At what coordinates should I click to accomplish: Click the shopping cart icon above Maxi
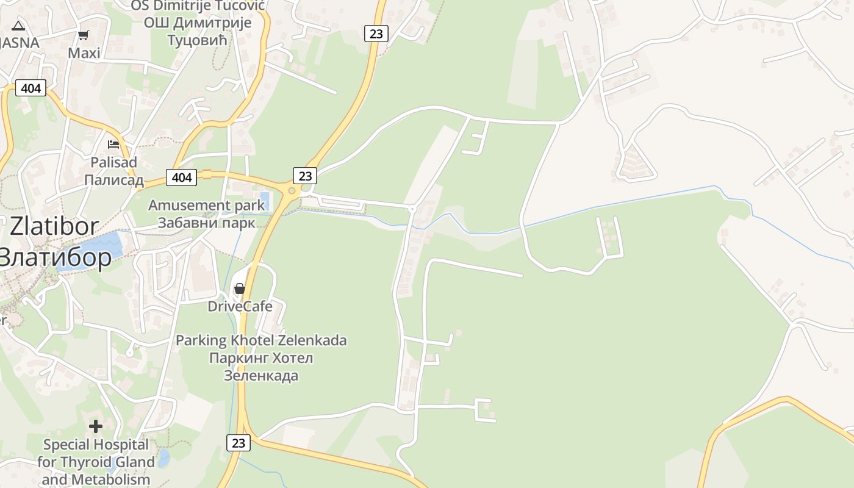(x=84, y=35)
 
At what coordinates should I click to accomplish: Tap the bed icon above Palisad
(x=113, y=145)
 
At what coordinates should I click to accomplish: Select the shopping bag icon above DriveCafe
(x=240, y=289)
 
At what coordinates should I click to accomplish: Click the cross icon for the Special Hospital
(x=96, y=426)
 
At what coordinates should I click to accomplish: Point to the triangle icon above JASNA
(x=18, y=26)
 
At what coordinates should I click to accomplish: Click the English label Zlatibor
(x=54, y=226)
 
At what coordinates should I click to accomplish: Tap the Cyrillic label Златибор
(x=55, y=257)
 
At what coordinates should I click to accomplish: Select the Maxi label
(x=84, y=53)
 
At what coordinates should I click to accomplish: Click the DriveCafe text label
(x=240, y=306)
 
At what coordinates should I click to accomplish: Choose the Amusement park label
(x=207, y=205)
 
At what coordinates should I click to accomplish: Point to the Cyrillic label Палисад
(x=113, y=180)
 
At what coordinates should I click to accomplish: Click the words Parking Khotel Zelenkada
(x=261, y=340)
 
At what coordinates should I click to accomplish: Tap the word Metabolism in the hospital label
(x=113, y=479)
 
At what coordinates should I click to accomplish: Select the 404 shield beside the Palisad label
(x=181, y=178)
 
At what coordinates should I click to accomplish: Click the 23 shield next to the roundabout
(x=305, y=176)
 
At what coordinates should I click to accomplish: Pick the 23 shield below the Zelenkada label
(x=238, y=443)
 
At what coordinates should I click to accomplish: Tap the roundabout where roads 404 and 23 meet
(x=292, y=190)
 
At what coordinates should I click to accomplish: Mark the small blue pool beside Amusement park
(x=264, y=201)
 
